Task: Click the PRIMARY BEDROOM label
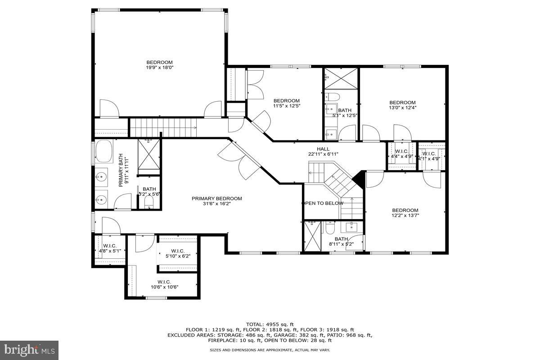coord(217,198)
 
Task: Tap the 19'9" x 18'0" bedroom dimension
coord(160,67)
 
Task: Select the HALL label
coord(323,149)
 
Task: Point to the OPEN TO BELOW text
coord(323,203)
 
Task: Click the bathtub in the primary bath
coord(104,152)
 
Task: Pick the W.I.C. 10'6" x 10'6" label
coord(164,284)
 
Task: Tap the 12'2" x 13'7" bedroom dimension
coord(405,215)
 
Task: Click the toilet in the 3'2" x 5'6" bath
coord(149,202)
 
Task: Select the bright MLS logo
coord(29,350)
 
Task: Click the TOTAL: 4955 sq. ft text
coord(270,324)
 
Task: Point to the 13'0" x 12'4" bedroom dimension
coord(403,108)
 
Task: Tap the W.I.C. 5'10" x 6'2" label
coord(178,253)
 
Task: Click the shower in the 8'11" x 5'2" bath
coord(313,236)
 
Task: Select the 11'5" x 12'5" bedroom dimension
coord(287,106)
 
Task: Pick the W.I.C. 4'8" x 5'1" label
coord(110,248)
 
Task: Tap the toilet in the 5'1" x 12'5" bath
coord(332,97)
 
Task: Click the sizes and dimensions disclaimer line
coord(270,350)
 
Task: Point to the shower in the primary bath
coord(149,154)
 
